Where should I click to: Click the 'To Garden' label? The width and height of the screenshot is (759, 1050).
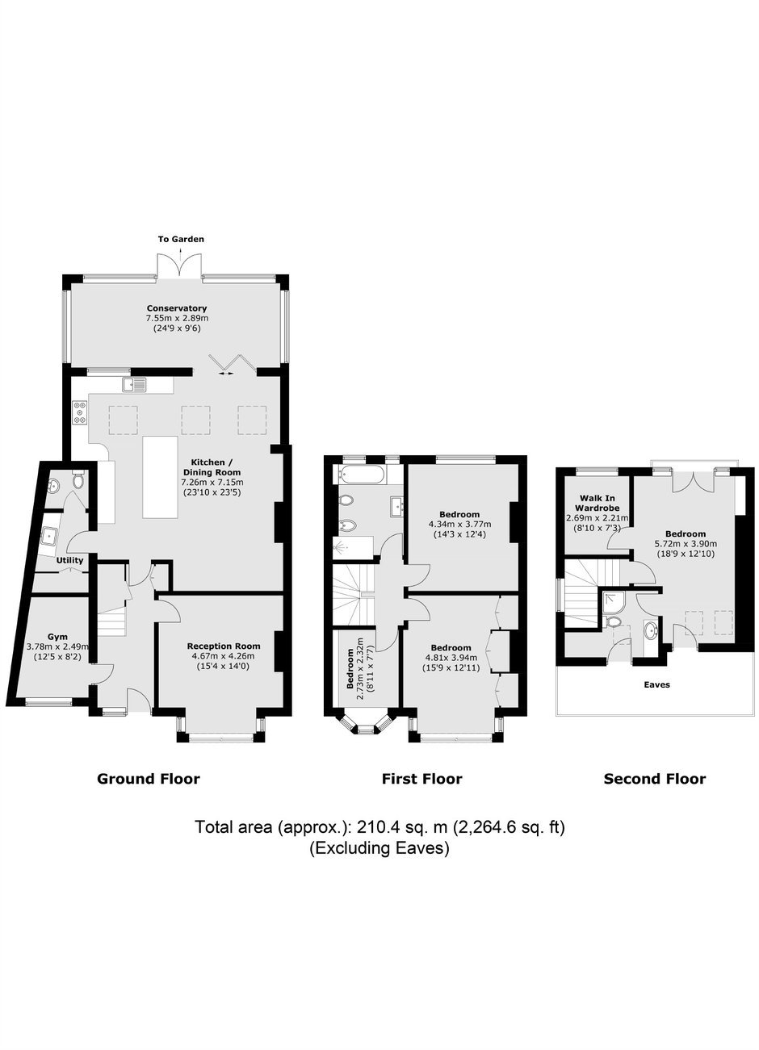[x=181, y=239]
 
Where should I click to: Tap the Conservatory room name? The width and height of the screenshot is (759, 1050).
[x=177, y=308]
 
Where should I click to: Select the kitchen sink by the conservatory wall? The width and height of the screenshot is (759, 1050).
[x=135, y=384]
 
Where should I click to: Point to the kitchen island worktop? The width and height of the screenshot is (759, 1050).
[x=161, y=477]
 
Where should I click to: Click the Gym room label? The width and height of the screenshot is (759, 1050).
[x=57, y=637]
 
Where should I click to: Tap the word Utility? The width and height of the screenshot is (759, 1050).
[x=70, y=560]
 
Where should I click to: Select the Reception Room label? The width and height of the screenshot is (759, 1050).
[x=224, y=646]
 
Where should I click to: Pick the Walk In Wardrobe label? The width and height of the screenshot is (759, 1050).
[x=598, y=503]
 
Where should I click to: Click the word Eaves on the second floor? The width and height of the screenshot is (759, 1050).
[x=656, y=684]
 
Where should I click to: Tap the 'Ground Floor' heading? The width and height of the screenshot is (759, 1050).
[x=149, y=779]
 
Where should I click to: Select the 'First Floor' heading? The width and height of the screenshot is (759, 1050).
[x=421, y=779]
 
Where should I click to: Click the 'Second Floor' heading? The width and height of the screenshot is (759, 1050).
[x=654, y=779]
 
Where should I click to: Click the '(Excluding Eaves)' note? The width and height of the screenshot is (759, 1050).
[x=379, y=848]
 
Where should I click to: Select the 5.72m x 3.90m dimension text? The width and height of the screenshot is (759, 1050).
[x=686, y=544]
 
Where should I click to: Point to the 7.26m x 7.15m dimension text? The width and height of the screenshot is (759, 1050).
[x=212, y=483]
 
